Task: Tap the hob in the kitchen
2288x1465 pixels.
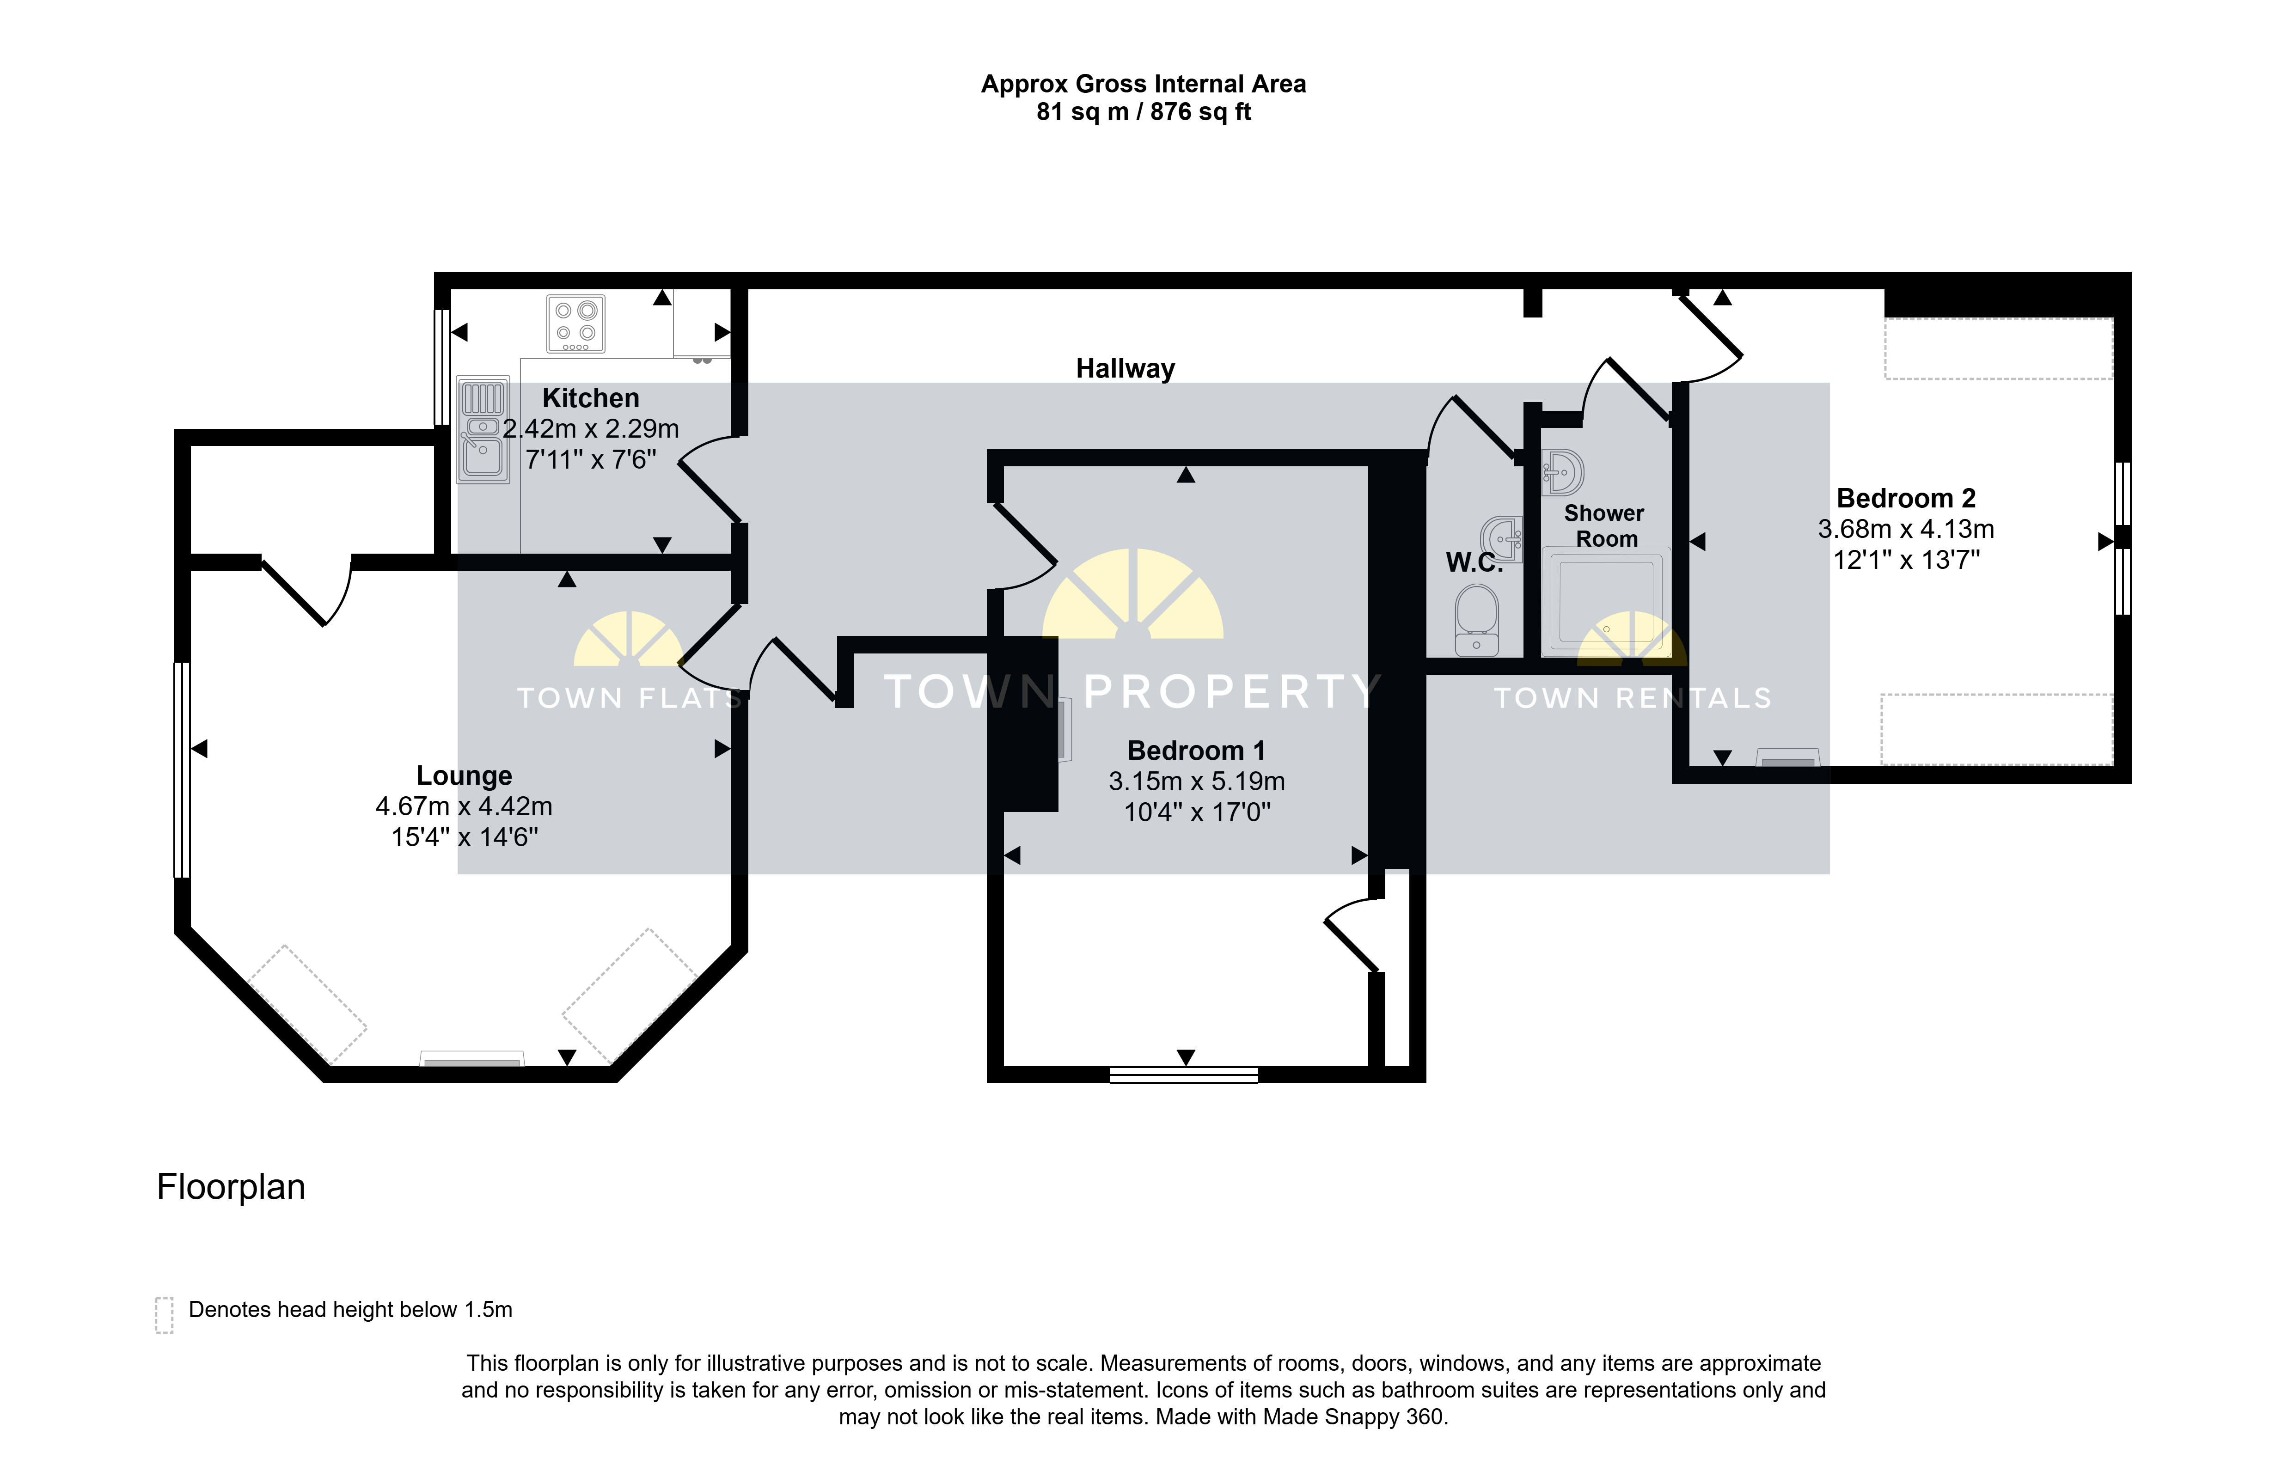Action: [575, 324]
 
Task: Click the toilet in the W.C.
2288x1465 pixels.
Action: [1476, 620]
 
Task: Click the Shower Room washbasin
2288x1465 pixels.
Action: [1562, 471]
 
